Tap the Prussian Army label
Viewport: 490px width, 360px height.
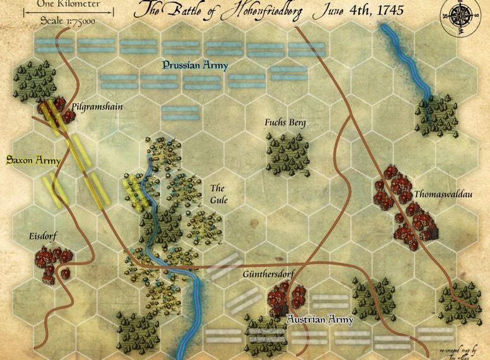click(x=194, y=65)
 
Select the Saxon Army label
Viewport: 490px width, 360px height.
click(x=33, y=160)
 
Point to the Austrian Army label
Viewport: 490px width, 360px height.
click(x=320, y=320)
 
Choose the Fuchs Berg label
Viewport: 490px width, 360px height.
click(x=285, y=122)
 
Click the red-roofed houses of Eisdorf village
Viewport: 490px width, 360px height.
click(x=53, y=262)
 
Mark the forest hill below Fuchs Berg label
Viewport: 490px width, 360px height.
click(x=288, y=153)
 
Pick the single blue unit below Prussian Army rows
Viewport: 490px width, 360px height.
click(x=180, y=113)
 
